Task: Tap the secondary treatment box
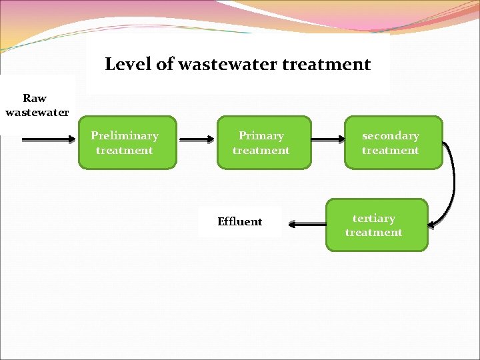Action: [x=393, y=143]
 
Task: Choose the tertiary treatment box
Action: [x=376, y=225]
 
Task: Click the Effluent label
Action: [x=240, y=222]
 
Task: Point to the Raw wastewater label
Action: [x=36, y=105]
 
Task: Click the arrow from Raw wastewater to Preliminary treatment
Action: [x=49, y=140]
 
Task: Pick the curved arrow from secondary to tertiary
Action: [x=451, y=180]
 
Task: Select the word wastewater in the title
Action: [x=225, y=65]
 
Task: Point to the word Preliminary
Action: [x=125, y=136]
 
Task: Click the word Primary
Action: [x=261, y=136]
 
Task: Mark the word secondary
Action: [x=391, y=136]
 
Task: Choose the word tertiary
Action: [x=374, y=219]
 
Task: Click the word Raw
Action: [x=35, y=98]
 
